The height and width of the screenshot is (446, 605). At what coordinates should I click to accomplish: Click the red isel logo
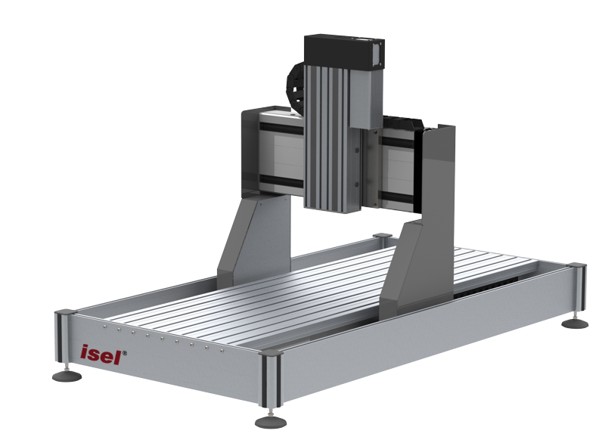click(101, 355)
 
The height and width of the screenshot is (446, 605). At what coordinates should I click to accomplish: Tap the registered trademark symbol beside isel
click(124, 352)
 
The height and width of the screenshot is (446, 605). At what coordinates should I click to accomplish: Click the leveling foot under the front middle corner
click(271, 421)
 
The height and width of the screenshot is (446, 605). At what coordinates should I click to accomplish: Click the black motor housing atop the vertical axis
click(344, 53)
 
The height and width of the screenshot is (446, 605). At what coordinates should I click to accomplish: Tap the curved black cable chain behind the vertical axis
click(295, 87)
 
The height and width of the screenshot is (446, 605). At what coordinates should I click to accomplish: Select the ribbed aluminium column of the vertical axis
click(327, 138)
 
